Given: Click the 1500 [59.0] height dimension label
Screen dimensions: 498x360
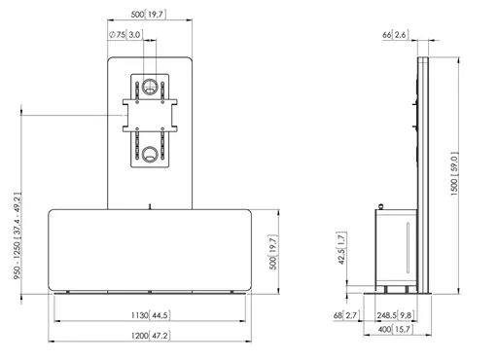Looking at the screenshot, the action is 455,174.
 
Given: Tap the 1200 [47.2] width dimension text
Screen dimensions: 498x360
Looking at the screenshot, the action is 150,336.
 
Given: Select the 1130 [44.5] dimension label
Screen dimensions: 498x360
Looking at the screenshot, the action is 150,315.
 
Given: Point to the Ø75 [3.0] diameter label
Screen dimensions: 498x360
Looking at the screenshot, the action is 125,34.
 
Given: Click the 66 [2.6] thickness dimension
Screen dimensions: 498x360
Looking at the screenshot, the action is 395,35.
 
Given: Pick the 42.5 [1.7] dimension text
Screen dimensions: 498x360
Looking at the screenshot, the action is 341,248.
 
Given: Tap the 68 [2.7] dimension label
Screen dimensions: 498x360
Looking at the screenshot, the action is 345,315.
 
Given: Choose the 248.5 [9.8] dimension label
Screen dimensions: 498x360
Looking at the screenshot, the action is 395,315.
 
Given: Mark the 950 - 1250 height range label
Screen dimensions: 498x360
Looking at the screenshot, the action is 18,235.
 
